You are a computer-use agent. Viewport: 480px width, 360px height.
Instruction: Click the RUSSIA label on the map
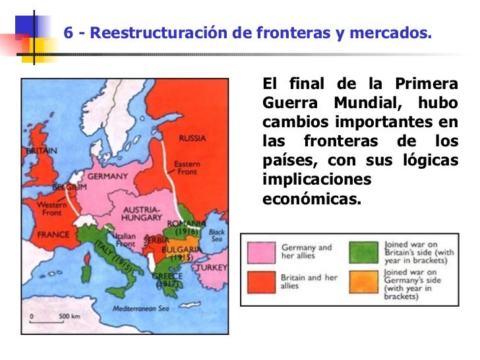tap(193, 139)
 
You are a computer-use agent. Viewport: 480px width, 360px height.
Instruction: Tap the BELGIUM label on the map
tap(70, 187)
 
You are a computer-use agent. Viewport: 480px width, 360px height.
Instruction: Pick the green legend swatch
tap(365, 251)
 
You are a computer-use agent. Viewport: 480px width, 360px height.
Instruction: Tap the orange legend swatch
tap(365, 282)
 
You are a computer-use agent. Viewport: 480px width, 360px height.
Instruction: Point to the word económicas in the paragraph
tap(313, 198)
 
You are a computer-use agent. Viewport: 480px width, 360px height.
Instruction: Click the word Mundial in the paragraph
tap(365, 104)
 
